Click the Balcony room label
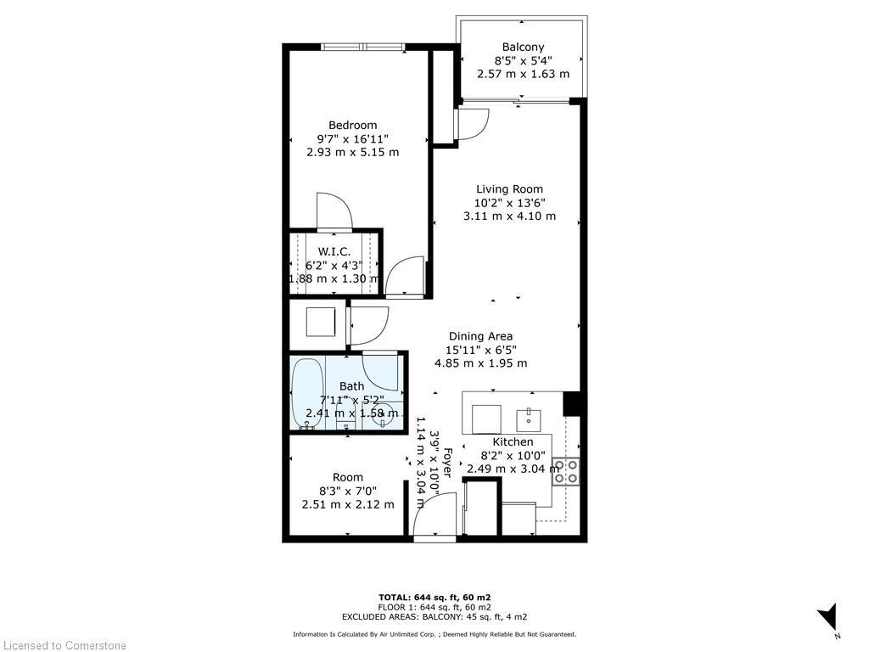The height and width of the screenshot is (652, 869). (x=523, y=48)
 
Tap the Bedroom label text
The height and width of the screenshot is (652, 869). (x=352, y=126)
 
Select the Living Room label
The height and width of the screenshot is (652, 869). (x=509, y=189)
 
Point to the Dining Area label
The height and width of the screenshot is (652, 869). (x=480, y=336)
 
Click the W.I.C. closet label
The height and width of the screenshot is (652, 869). (x=334, y=251)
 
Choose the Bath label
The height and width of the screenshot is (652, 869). (x=351, y=386)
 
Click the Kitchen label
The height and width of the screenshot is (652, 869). (x=513, y=442)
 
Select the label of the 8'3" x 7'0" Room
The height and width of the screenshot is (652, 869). (x=348, y=477)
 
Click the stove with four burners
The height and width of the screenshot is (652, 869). (x=566, y=471)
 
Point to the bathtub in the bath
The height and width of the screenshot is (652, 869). (x=306, y=396)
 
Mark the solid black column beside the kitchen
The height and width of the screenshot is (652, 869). (x=572, y=403)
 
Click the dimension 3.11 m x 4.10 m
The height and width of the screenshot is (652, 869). (x=509, y=216)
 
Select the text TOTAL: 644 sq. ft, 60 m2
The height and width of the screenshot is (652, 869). (x=434, y=597)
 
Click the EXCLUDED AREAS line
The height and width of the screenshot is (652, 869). (x=434, y=616)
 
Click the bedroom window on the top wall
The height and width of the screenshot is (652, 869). (x=362, y=47)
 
